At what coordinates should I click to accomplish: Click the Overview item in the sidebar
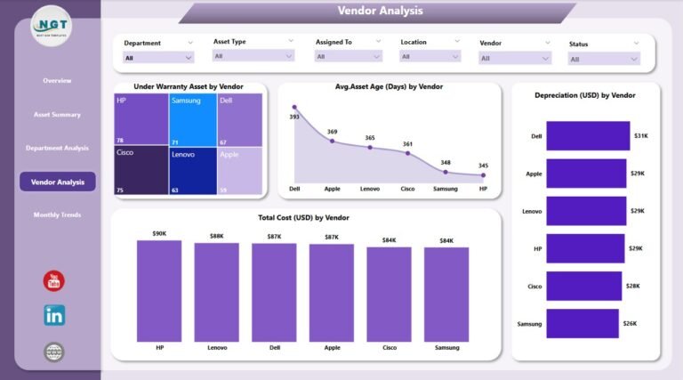[57, 81]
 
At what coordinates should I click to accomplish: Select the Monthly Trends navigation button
[57, 215]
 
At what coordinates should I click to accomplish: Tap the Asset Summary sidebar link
[57, 115]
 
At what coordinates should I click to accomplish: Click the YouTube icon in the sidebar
[54, 281]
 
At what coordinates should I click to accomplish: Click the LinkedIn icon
[54, 315]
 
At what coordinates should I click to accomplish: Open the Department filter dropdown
[158, 57]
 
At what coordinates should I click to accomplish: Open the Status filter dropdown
[604, 59]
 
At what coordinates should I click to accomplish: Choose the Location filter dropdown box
[430, 56]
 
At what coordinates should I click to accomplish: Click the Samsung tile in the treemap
[193, 120]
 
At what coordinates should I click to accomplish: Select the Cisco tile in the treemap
[141, 170]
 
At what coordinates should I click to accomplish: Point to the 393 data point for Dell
[294, 108]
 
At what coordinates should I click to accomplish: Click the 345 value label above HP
[483, 166]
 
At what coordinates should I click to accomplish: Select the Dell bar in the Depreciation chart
[588, 135]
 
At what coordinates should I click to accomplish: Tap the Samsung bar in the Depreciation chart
[583, 324]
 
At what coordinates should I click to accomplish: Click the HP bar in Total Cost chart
[159, 291]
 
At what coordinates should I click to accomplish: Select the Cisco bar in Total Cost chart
[389, 294]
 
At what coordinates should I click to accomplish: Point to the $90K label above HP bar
[159, 233]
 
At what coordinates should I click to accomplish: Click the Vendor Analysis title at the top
[381, 12]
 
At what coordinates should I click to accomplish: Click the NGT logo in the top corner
[52, 31]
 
